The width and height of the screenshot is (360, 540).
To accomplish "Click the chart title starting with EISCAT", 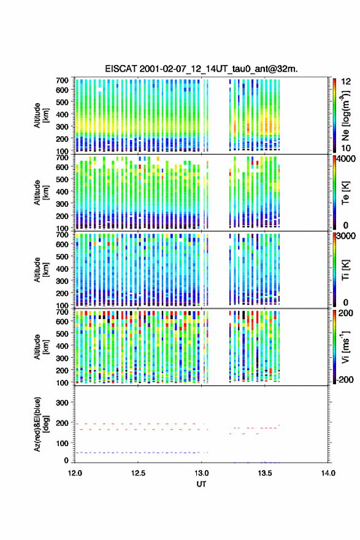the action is click(201, 69).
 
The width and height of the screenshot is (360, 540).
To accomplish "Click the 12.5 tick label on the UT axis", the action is click(138, 473).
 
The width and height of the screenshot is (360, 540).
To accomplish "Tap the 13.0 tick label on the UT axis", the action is click(201, 473).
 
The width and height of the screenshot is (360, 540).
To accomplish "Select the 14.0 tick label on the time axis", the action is click(328, 473).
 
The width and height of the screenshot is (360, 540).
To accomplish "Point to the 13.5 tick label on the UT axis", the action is click(265, 473).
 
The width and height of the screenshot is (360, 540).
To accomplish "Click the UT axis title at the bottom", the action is click(201, 484).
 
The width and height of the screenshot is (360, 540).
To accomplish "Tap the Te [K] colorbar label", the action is click(345, 193).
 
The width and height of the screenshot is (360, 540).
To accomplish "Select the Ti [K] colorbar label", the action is click(345, 269).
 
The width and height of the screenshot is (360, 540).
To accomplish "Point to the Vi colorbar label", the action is click(346, 347).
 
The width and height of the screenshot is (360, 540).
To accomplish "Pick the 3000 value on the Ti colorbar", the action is click(346, 236).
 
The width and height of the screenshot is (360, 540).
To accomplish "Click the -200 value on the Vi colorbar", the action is click(345, 379).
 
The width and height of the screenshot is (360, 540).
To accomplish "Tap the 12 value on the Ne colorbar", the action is click(346, 82).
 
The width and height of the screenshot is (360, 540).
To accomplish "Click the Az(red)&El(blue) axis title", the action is click(41, 424).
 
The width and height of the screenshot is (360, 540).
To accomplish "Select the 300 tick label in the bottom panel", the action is click(62, 403).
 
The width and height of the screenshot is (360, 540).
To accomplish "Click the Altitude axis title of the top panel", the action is click(41, 115).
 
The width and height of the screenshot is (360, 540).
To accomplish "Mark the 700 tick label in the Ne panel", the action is click(62, 80).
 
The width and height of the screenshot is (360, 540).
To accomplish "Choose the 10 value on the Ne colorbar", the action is click(346, 148).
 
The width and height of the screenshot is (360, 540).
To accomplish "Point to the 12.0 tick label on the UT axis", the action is click(75, 473).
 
